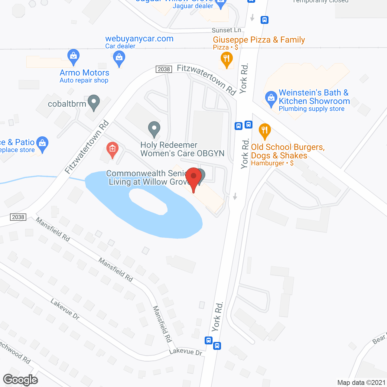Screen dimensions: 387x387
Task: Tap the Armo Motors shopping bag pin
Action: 73,57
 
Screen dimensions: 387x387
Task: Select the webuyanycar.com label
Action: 139,39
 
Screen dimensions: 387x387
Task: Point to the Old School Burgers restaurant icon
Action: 265,131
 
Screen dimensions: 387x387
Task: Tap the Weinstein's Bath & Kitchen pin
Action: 271,99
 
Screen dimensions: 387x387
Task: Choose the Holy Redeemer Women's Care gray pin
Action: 154,129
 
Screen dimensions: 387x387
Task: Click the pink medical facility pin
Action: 112,149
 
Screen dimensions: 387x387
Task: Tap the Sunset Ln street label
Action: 226,30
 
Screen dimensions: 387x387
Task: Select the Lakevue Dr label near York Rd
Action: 186,351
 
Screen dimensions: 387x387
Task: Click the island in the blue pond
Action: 148,201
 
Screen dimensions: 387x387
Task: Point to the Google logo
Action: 21,380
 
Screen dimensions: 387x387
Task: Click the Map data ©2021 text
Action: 361,382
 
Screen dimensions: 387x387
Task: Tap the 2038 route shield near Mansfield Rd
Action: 18,217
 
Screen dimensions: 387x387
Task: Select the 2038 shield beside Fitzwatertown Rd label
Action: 164,69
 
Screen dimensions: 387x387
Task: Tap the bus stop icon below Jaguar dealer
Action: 265,20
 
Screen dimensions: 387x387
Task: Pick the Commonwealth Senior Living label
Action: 148,177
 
